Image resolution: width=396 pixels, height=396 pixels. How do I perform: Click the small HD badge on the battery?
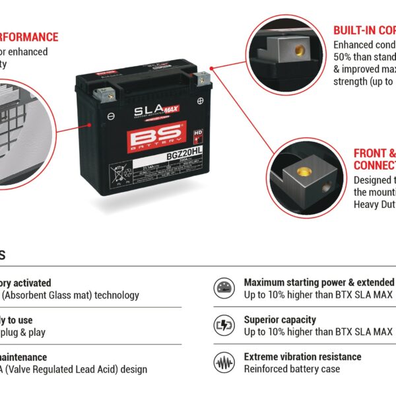(196, 133)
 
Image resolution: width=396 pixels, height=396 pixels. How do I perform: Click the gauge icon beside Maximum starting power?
(224, 288)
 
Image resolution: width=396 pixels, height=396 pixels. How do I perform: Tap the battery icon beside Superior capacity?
(224, 325)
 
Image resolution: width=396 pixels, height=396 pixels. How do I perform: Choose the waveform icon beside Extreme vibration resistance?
(224, 362)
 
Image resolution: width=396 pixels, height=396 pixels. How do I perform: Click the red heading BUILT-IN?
(355, 30)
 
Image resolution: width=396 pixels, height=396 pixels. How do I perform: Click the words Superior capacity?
(280, 319)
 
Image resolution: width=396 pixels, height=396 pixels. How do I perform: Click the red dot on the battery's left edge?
(90, 123)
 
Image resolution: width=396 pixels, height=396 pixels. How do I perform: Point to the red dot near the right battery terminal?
(212, 67)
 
